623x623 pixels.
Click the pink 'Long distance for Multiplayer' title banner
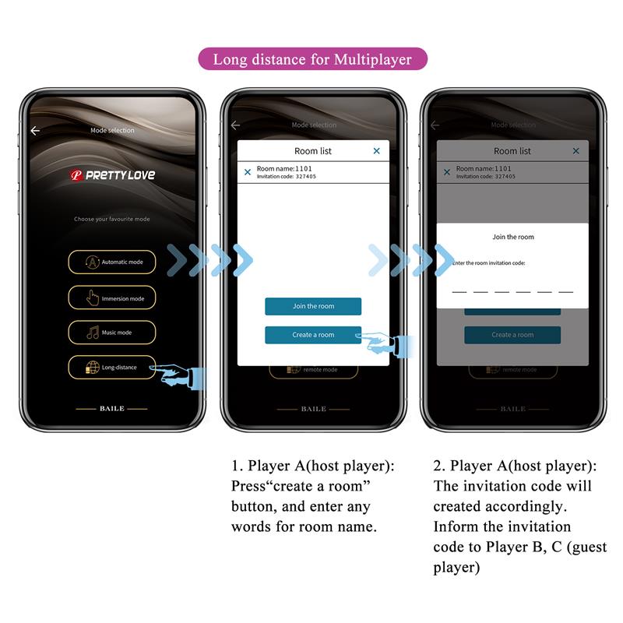[x=312, y=59]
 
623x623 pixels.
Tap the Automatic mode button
[x=111, y=262]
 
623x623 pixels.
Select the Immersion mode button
[x=111, y=298]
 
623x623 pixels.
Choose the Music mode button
[x=111, y=333]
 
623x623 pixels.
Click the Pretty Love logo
[x=112, y=175]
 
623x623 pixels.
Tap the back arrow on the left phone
[x=35, y=131]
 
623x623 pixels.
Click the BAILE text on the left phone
[x=111, y=408]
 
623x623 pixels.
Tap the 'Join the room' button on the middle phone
[x=313, y=306]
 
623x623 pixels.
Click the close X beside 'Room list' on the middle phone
[x=376, y=151]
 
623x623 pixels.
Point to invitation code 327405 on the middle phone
[x=286, y=177]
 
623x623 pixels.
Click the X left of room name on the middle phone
[x=248, y=172]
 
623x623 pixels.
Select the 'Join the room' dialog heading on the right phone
[x=513, y=237]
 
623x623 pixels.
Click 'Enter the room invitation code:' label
[x=488, y=263]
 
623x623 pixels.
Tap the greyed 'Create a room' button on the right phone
[x=512, y=335]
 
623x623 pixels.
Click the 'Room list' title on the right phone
[x=512, y=151]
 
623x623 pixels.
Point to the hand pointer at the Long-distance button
[x=181, y=375]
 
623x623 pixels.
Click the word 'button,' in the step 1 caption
[x=252, y=506]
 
